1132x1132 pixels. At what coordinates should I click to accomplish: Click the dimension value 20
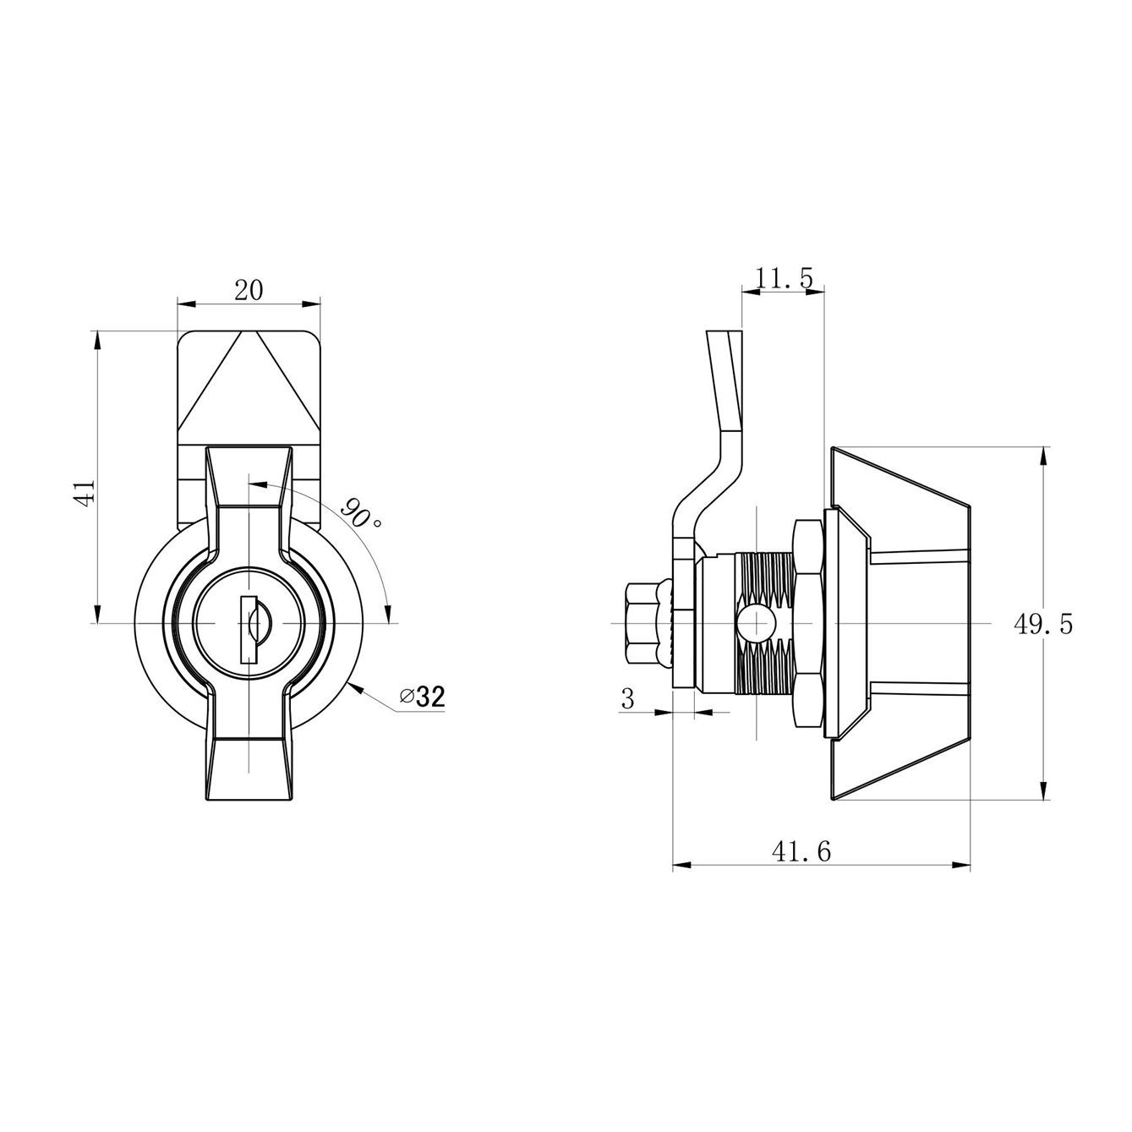pos(249,290)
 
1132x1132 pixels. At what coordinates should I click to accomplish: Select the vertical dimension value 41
pos(85,492)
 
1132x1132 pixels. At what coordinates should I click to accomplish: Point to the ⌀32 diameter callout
pos(423,697)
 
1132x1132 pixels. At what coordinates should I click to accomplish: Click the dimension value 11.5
pos(784,278)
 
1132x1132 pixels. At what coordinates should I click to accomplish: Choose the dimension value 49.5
pos(1042,624)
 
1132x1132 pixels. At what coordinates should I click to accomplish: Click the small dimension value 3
pos(628,699)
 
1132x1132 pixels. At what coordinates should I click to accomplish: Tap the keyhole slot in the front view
pos(249,630)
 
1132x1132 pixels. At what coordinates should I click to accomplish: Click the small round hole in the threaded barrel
pos(757,623)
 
